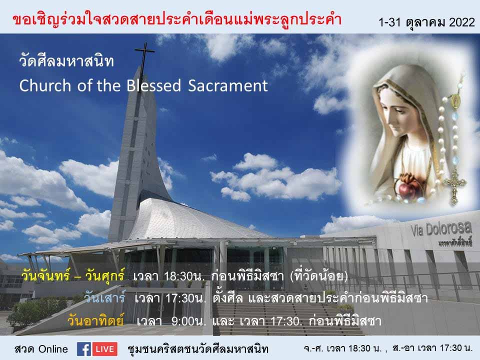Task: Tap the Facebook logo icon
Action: [84, 349]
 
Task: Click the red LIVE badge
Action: [105, 349]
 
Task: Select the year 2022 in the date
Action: [462, 22]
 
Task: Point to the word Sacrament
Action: [228, 85]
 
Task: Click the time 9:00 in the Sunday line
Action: [182, 321]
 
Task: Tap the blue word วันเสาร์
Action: [104, 297]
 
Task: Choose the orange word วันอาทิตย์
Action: [95, 320]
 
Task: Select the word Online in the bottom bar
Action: [53, 349]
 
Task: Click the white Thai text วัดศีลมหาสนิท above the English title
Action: [66, 60]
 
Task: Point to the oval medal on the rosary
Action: [456, 101]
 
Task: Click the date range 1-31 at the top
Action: [389, 22]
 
